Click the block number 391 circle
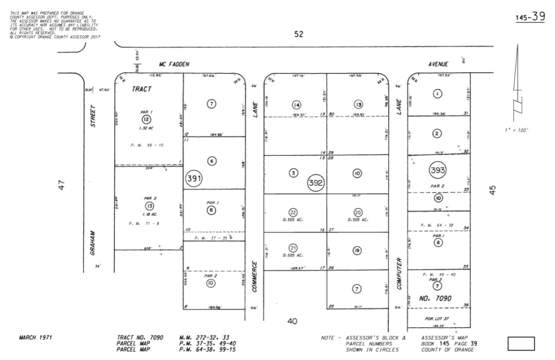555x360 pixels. [x=194, y=178]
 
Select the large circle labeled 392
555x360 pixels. [x=315, y=183]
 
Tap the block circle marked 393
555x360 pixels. [x=437, y=170]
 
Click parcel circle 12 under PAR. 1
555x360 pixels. [x=146, y=120]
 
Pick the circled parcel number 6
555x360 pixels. [x=212, y=161]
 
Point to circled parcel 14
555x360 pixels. [x=296, y=105]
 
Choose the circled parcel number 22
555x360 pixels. [x=293, y=212]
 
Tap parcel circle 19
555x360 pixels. [x=357, y=250]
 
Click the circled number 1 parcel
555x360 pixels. [x=437, y=94]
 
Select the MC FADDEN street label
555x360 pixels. [x=174, y=64]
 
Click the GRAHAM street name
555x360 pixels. [x=93, y=243]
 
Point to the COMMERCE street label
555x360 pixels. [x=255, y=276]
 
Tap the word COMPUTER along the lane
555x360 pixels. [x=399, y=274]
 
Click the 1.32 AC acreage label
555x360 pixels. [x=146, y=128]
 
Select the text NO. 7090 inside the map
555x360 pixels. [x=435, y=298]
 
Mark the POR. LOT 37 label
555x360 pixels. [x=437, y=319]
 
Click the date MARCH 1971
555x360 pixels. [x=36, y=338]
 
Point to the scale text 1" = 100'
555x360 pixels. [x=516, y=130]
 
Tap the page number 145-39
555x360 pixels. [x=530, y=17]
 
